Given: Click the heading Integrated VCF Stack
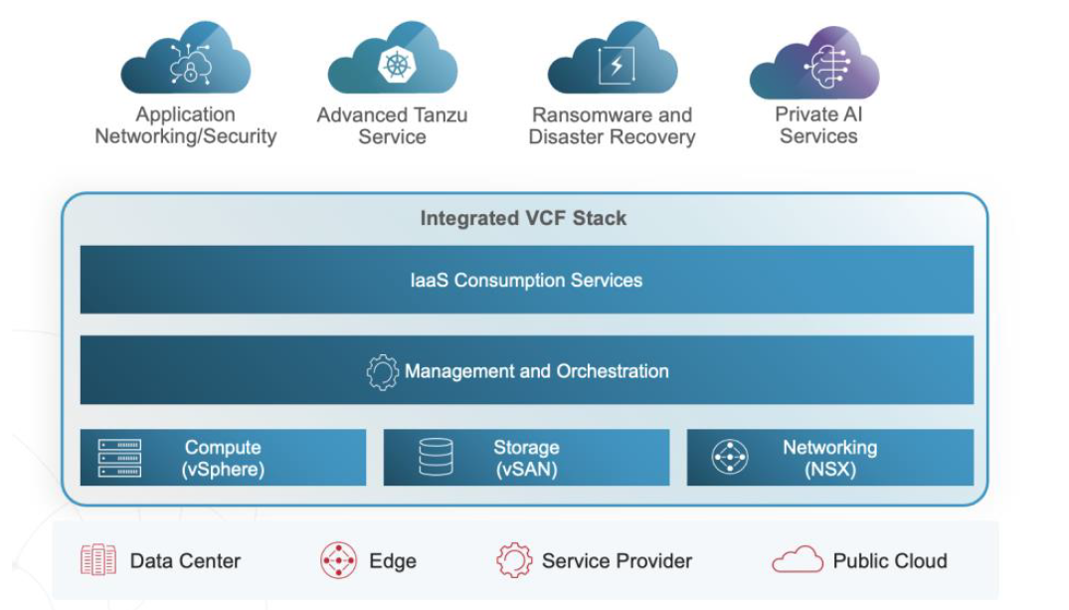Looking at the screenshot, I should click(x=523, y=218).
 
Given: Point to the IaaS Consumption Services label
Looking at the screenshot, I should click(x=526, y=280).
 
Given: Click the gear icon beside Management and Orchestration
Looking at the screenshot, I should click(x=382, y=372).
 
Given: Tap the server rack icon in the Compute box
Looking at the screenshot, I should click(x=119, y=458).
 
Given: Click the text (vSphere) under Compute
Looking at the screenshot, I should click(x=223, y=470).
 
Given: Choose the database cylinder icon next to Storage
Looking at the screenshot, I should click(x=436, y=458).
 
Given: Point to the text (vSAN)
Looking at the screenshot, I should click(x=526, y=470).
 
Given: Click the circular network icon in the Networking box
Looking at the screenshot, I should click(x=730, y=458).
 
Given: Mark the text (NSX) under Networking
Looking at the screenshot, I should click(x=829, y=470).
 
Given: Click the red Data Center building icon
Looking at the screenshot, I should click(x=98, y=561).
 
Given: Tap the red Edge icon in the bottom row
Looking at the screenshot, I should click(x=338, y=561).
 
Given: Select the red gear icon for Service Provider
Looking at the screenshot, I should click(x=513, y=561).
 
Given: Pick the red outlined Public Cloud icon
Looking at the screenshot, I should click(x=798, y=561).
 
